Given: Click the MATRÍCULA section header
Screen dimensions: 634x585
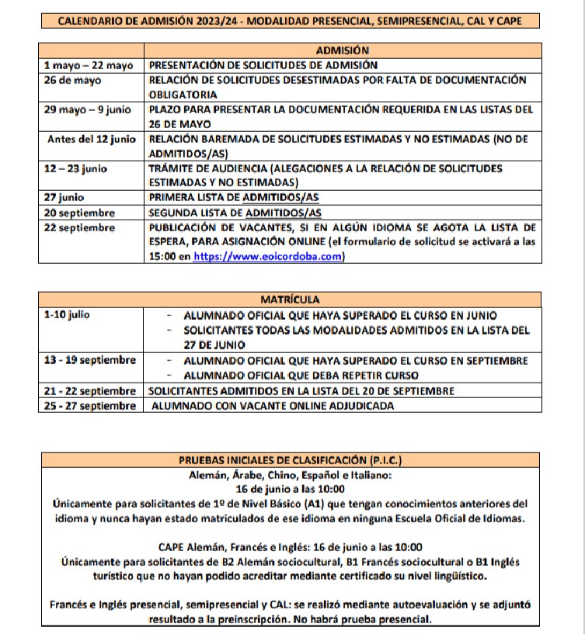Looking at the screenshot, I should pyautogui.click(x=290, y=299).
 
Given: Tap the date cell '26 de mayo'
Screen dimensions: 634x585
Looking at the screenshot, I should pyautogui.click(x=72, y=80).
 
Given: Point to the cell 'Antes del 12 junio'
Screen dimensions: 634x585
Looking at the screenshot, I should pyautogui.click(x=92, y=139).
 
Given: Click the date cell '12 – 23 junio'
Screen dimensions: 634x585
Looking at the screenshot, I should pyautogui.click(x=76, y=168).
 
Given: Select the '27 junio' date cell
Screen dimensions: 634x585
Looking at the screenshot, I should pyautogui.click(x=64, y=198).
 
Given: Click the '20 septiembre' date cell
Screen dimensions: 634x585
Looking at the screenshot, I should pyautogui.click(x=80, y=213).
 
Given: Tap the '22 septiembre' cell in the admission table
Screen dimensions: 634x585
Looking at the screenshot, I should pyautogui.click(x=80, y=227).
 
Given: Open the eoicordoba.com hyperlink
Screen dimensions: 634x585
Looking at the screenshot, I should pyautogui.click(x=268, y=258).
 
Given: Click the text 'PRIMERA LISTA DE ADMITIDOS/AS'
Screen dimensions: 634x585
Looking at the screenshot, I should pyautogui.click(x=235, y=198).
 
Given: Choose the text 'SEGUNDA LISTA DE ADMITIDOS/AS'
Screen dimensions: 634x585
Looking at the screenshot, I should pyautogui.click(x=235, y=213).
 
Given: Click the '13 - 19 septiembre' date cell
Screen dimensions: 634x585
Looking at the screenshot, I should pyautogui.click(x=90, y=360).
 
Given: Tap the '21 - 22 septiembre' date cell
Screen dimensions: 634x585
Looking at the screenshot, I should pyautogui.click(x=90, y=390).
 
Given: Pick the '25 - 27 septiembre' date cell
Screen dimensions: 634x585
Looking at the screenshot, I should pyautogui.click(x=90, y=405).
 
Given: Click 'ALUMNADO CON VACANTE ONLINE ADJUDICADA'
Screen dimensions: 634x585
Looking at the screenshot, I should pyautogui.click(x=273, y=405).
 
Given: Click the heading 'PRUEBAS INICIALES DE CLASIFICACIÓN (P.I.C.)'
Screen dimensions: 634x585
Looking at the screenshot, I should pyautogui.click(x=291, y=459).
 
